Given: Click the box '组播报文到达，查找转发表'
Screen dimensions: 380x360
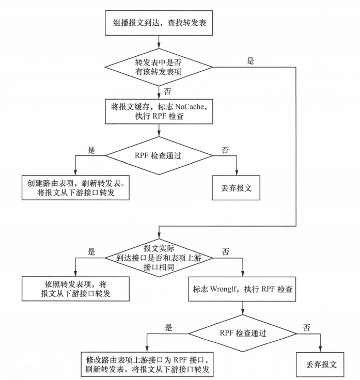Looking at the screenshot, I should (159, 23).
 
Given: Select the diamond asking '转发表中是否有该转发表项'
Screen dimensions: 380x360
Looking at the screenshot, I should (159, 67).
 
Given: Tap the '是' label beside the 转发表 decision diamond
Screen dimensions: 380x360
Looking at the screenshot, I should (251, 61).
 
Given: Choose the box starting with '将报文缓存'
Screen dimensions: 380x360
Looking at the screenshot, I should (159, 111).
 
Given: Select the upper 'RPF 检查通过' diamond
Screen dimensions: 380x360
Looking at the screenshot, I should (159, 154).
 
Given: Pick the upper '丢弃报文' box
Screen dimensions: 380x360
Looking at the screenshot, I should (237, 188).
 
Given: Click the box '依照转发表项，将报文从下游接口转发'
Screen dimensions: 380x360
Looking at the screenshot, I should (75, 288).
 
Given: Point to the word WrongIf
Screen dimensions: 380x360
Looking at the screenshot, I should (223, 290).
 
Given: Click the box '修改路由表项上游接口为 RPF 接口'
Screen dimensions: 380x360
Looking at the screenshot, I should (147, 363).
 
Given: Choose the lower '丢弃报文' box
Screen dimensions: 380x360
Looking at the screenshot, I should (320, 364).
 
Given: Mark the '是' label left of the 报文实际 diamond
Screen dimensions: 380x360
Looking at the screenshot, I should (92, 251).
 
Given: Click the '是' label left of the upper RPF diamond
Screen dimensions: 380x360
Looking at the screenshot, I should (92, 150).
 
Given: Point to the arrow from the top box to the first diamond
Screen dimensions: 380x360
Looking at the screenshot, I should (159, 41).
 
